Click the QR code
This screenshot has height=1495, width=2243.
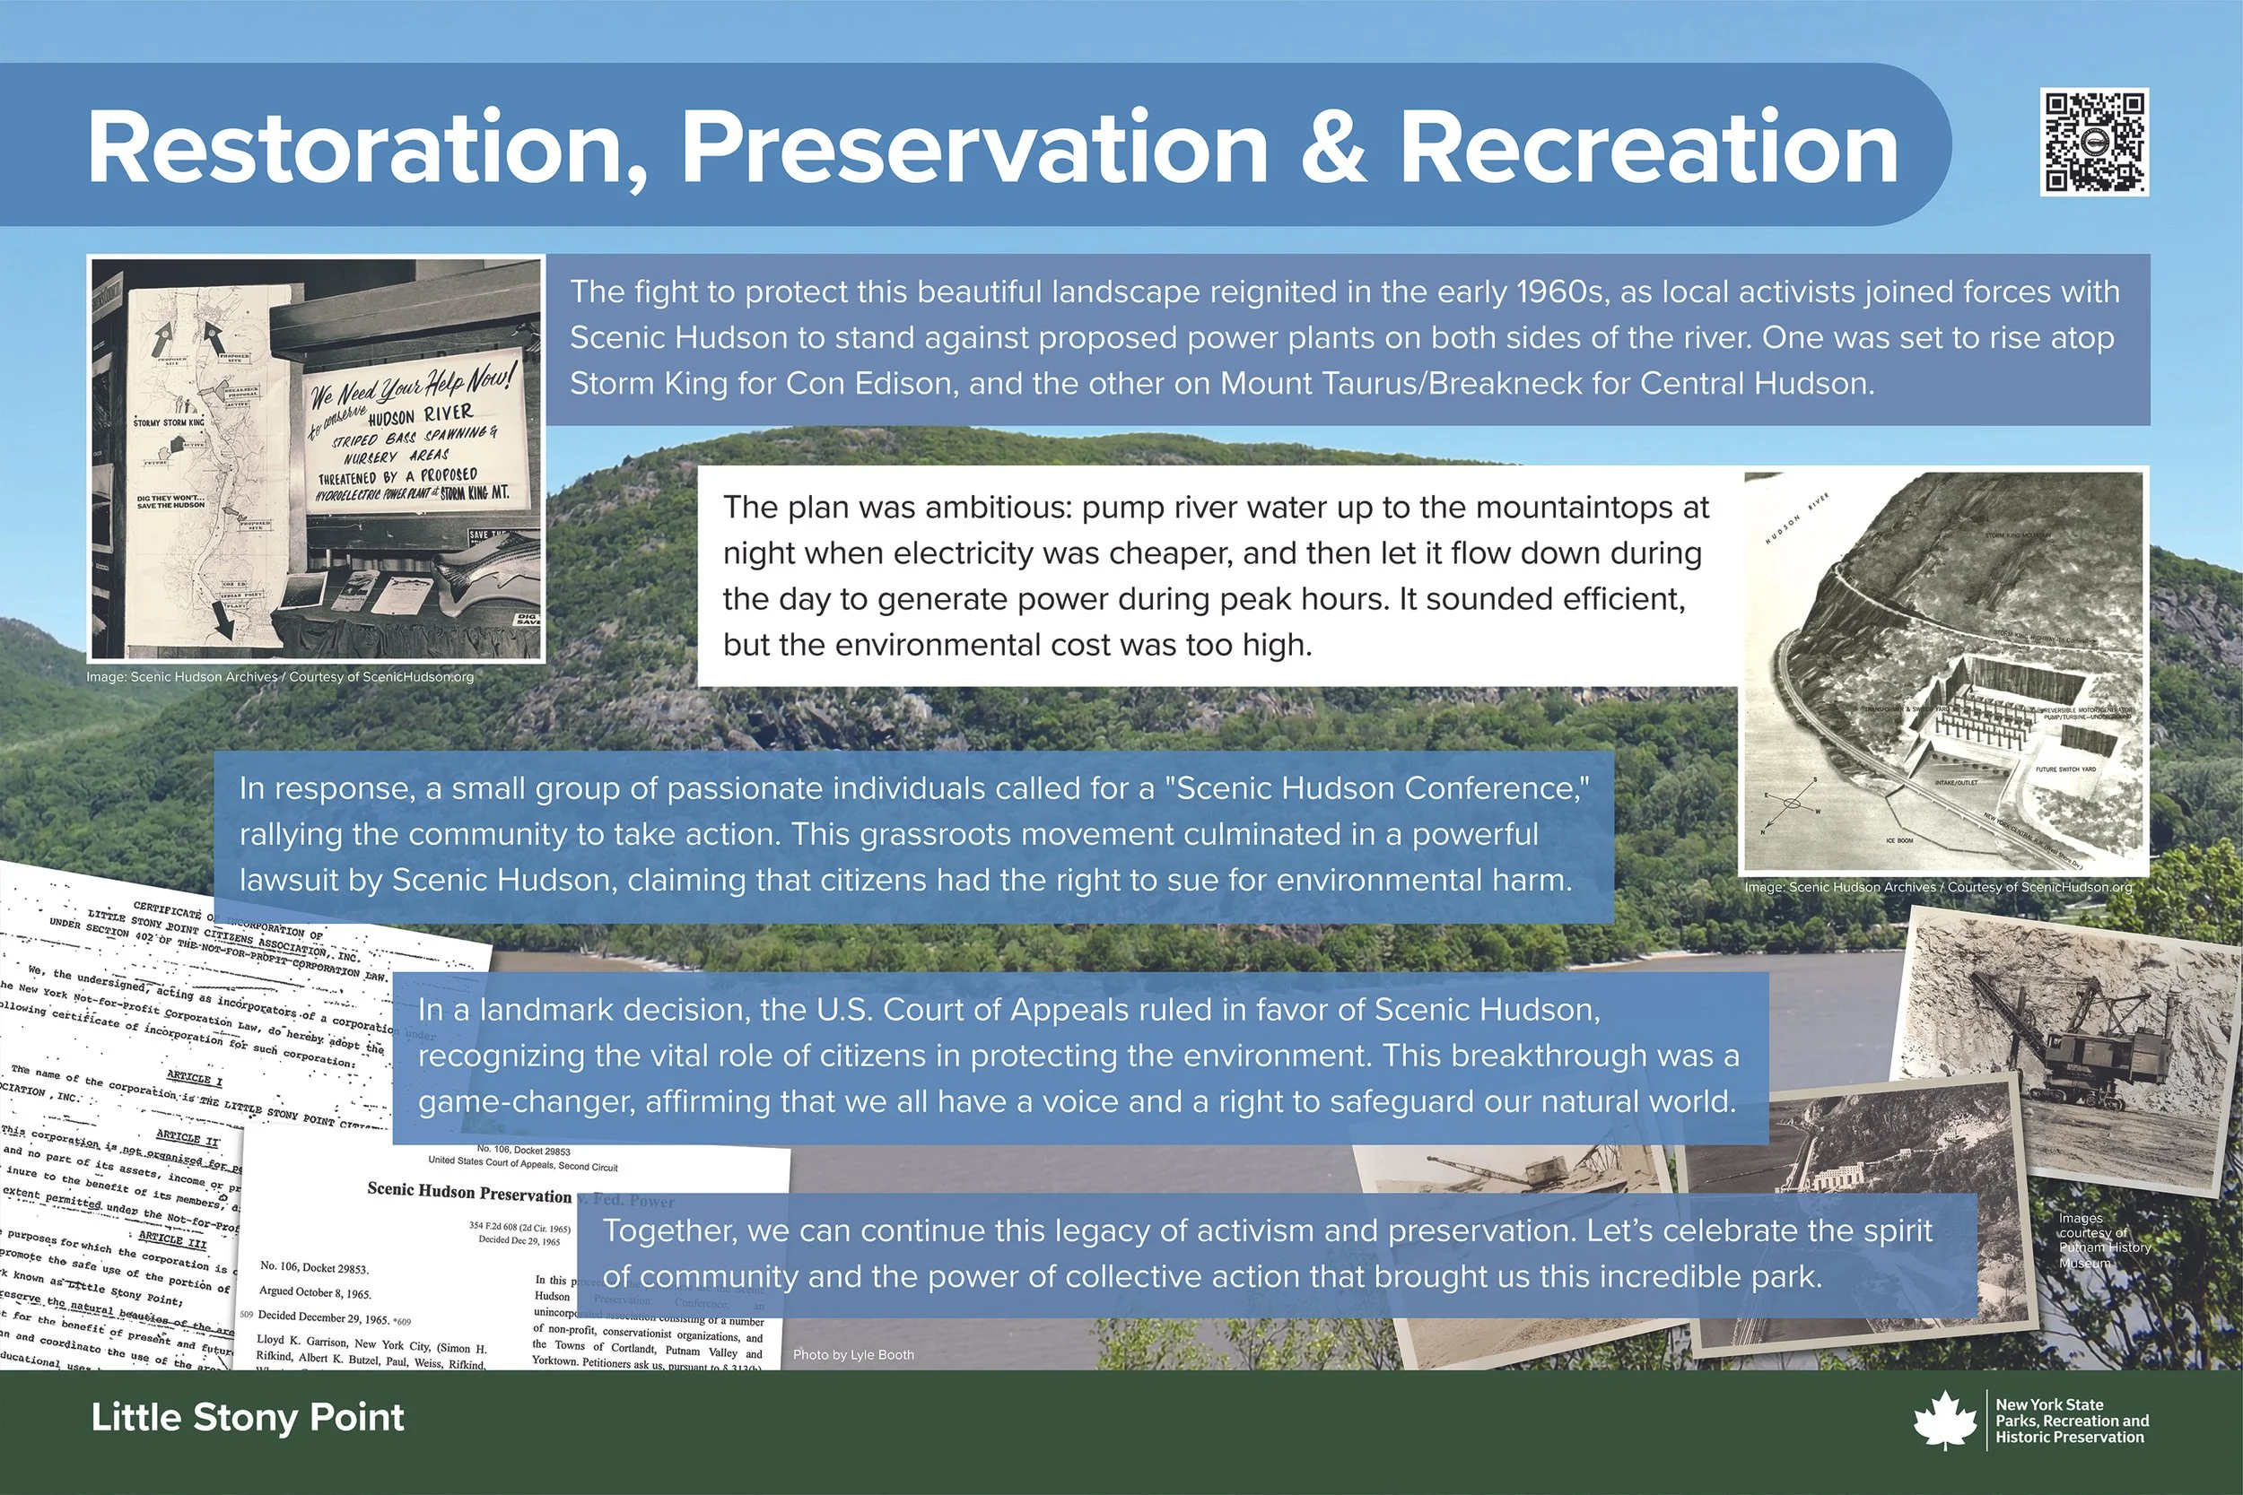point(2093,143)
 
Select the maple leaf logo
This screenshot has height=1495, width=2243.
point(1945,1421)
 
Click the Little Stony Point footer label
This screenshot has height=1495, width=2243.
point(248,1418)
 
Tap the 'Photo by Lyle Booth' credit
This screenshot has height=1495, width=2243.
point(852,1355)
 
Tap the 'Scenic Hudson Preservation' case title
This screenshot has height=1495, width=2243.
point(469,1192)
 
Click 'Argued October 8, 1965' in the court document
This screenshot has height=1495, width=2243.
point(316,1294)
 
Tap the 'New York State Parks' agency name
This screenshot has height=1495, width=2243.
point(2072,1421)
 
